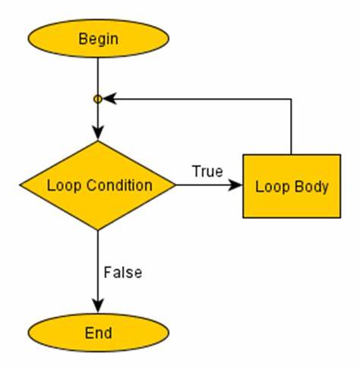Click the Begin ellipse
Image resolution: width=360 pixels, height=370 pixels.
[x=98, y=39]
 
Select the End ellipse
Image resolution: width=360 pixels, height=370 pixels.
[x=98, y=333]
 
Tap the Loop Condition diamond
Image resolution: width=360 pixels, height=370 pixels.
[x=98, y=185]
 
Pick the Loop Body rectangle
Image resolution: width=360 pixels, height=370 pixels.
[x=292, y=186]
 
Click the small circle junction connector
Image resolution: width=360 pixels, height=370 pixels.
[x=98, y=99]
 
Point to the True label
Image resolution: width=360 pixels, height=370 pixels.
[x=207, y=171]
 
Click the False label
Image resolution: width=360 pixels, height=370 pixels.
[x=123, y=273]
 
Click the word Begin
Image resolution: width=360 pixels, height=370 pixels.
[x=98, y=40]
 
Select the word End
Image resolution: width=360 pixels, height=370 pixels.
[x=98, y=333]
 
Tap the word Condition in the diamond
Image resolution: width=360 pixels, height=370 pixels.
[x=119, y=185]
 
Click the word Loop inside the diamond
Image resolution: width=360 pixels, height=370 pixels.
[x=64, y=185]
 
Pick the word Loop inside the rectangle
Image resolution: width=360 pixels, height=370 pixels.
[x=273, y=188]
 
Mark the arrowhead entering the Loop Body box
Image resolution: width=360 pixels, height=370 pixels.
[x=235, y=185]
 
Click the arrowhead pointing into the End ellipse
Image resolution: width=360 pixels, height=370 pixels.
[x=98, y=305]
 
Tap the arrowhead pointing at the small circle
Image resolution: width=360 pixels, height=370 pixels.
[x=109, y=99]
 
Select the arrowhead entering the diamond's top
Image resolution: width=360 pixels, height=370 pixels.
[x=98, y=133]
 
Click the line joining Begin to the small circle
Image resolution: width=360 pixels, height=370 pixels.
[x=98, y=76]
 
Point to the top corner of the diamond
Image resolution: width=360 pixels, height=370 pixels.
[x=98, y=141]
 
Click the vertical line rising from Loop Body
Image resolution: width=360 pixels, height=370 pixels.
[x=291, y=126]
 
